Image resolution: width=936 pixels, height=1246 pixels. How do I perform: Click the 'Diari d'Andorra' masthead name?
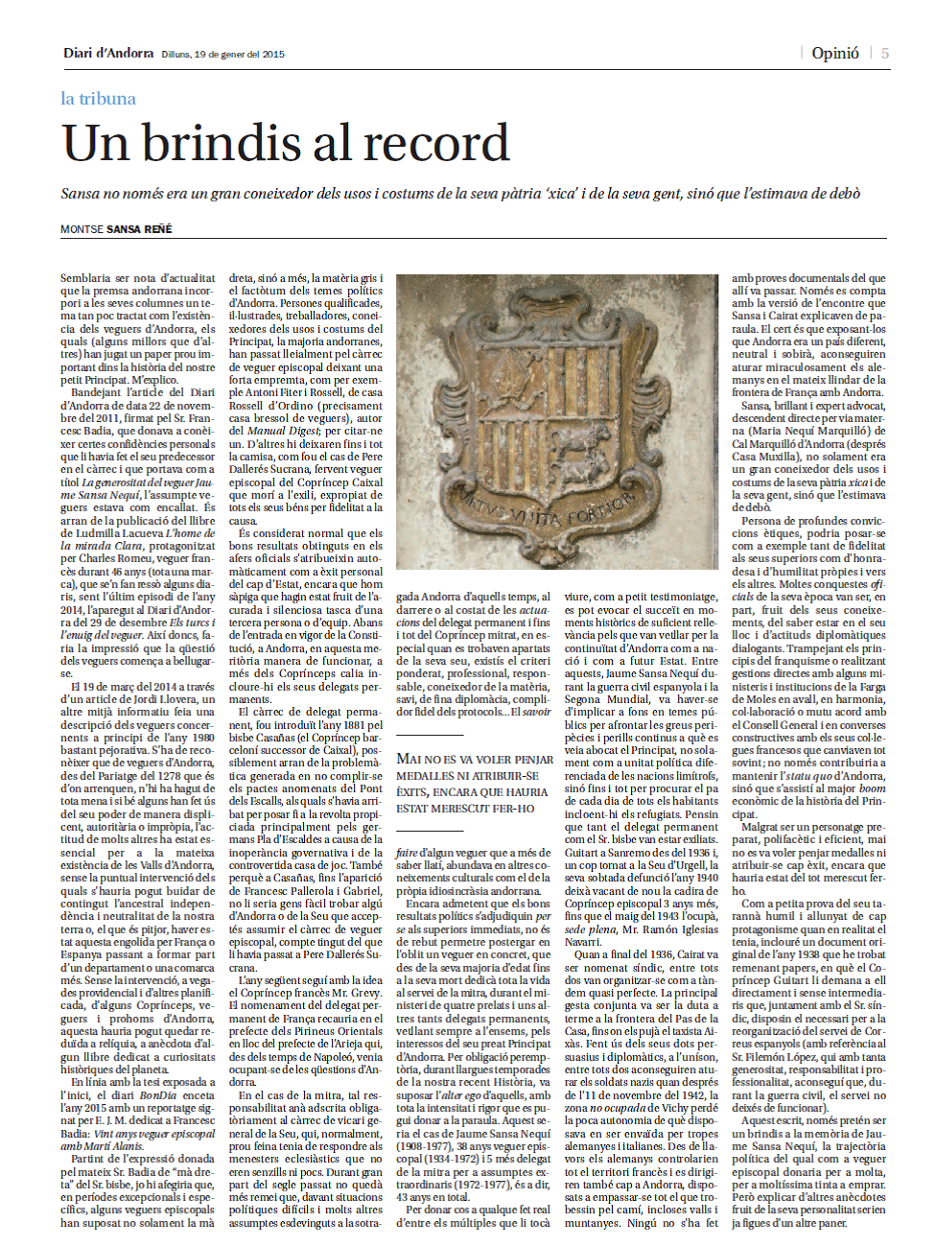pyautogui.click(x=108, y=54)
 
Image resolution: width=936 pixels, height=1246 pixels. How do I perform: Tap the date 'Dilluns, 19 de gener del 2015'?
pyautogui.click(x=222, y=55)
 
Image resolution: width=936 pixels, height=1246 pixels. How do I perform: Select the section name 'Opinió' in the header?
pyautogui.click(x=834, y=54)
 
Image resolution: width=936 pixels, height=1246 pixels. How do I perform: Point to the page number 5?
pyautogui.click(x=884, y=54)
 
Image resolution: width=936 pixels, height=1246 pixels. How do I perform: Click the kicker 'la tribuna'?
pyautogui.click(x=98, y=99)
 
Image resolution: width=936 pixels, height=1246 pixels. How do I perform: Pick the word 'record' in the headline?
pyautogui.click(x=436, y=144)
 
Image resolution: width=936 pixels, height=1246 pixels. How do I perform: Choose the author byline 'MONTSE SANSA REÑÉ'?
pyautogui.click(x=116, y=229)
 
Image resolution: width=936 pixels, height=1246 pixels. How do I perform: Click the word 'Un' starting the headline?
pyautogui.click(x=95, y=144)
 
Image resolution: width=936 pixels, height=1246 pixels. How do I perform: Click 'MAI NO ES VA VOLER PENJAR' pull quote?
pyautogui.click(x=475, y=759)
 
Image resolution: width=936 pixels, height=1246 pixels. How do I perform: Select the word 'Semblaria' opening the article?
pyautogui.click(x=85, y=279)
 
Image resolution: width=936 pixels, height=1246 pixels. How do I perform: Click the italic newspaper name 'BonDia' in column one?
pyautogui.click(x=158, y=1094)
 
